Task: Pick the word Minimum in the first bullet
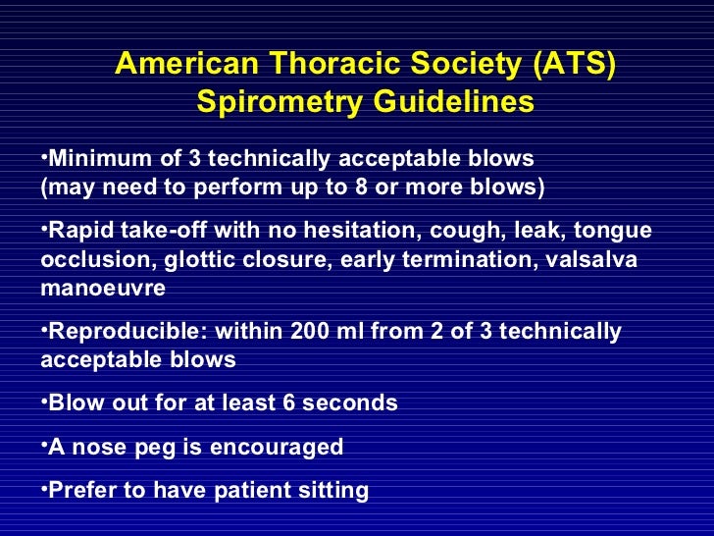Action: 93,158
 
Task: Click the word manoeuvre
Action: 103,289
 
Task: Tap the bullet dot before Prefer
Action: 44,487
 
